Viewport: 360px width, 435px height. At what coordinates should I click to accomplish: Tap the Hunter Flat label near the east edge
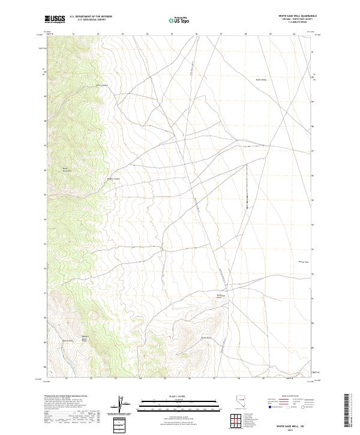point(302,262)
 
